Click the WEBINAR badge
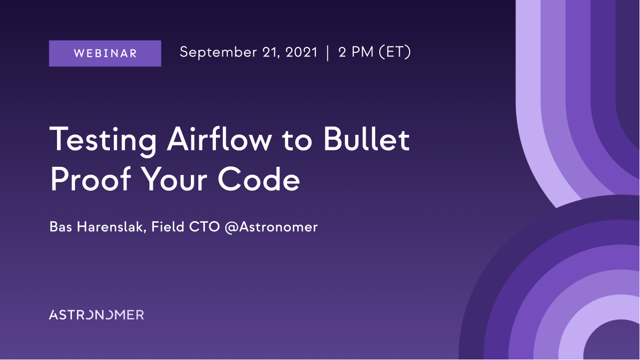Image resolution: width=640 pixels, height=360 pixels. (x=105, y=53)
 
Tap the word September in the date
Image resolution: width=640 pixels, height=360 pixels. (x=218, y=53)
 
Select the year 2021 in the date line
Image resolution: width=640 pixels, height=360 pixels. (x=301, y=52)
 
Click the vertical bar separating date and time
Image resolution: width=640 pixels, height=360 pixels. (x=328, y=53)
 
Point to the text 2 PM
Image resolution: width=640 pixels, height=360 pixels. (x=356, y=52)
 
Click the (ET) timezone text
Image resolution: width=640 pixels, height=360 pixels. (x=395, y=52)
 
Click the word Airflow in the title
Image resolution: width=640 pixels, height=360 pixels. (x=219, y=139)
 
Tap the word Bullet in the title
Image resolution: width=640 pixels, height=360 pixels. (x=367, y=139)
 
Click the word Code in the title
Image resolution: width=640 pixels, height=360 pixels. (x=259, y=179)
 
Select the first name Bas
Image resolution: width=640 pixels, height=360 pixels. (x=60, y=227)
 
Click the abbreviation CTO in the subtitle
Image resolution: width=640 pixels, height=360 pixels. (x=204, y=227)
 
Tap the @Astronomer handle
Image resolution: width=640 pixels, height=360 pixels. (x=271, y=227)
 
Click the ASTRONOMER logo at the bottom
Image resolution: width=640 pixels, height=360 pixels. (x=96, y=315)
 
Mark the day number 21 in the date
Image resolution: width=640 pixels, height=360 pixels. (x=271, y=52)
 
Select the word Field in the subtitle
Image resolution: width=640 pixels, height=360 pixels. (x=168, y=227)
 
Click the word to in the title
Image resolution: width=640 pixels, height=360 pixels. (x=297, y=140)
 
